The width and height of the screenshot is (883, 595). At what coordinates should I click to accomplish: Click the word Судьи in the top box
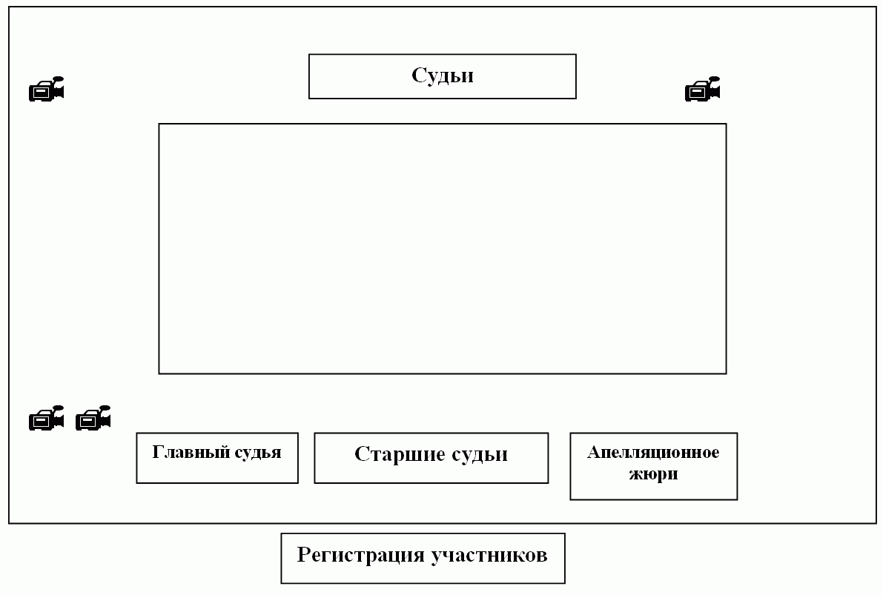(442, 76)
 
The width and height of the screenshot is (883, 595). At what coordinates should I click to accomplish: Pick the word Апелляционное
(653, 452)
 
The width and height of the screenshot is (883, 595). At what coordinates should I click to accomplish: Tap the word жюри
(653, 474)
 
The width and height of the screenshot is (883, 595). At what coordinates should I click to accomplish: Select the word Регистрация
(361, 555)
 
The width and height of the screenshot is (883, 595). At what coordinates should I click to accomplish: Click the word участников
(489, 555)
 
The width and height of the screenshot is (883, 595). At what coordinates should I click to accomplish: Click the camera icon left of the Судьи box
(47, 89)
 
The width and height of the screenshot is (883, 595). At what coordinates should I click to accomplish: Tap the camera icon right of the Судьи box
(702, 89)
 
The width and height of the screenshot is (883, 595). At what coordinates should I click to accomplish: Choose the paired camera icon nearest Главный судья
(93, 418)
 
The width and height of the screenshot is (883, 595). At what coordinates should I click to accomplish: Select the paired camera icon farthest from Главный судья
(47, 418)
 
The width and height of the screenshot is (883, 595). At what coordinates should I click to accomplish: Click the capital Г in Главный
(158, 452)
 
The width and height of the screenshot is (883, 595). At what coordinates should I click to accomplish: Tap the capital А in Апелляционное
(594, 453)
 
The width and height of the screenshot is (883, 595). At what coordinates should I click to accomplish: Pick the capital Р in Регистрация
(304, 554)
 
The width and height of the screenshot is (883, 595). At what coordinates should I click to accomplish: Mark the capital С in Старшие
(362, 453)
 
